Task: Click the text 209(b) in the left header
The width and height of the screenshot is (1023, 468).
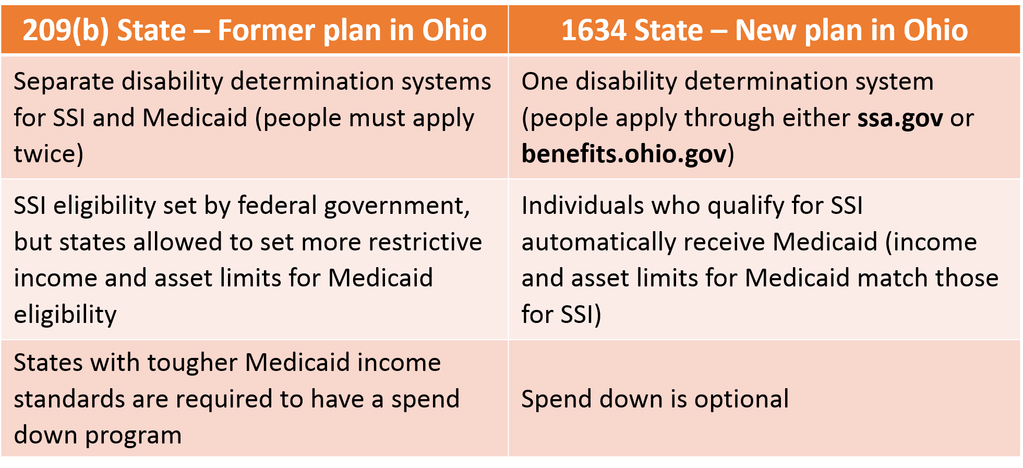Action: point(66,30)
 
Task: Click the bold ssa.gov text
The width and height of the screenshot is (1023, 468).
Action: point(900,118)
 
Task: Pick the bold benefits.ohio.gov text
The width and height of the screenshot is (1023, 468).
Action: point(624,154)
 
